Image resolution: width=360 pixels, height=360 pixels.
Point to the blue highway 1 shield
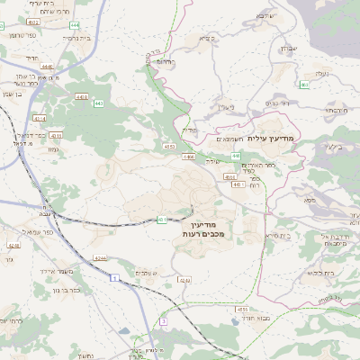(x=115, y=278)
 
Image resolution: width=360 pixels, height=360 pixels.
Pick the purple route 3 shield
(x=164, y=320)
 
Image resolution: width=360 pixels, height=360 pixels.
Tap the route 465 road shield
(x=304, y=85)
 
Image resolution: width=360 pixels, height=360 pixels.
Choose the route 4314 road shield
(x=39, y=118)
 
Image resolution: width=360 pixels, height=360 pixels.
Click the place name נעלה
(x=322, y=74)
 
